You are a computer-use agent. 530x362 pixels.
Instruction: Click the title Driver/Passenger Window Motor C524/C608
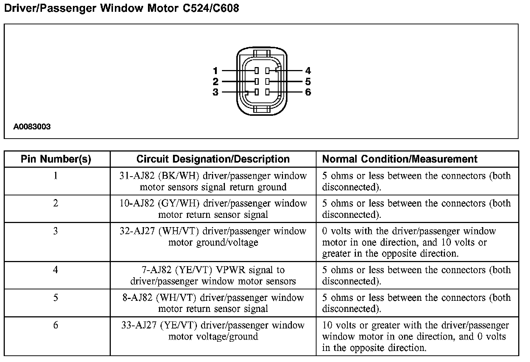(x=121, y=8)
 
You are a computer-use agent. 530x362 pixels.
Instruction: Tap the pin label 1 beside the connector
(x=215, y=70)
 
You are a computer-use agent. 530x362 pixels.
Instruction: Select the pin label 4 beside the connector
(x=308, y=70)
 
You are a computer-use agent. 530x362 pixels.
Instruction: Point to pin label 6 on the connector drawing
(x=308, y=92)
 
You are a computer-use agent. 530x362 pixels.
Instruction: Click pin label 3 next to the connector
(x=215, y=92)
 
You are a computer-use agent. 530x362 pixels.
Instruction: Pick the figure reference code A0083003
(x=32, y=127)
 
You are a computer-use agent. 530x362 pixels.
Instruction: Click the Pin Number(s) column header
(x=56, y=159)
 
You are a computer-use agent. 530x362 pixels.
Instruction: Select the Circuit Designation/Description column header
(x=213, y=159)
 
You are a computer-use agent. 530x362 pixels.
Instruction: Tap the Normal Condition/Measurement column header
(x=400, y=159)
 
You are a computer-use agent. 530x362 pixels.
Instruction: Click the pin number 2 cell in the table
(x=56, y=203)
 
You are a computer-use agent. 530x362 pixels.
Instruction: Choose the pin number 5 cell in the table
(x=56, y=297)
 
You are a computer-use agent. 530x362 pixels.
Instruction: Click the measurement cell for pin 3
(x=409, y=242)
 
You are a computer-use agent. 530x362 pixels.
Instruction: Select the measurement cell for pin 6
(x=415, y=337)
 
